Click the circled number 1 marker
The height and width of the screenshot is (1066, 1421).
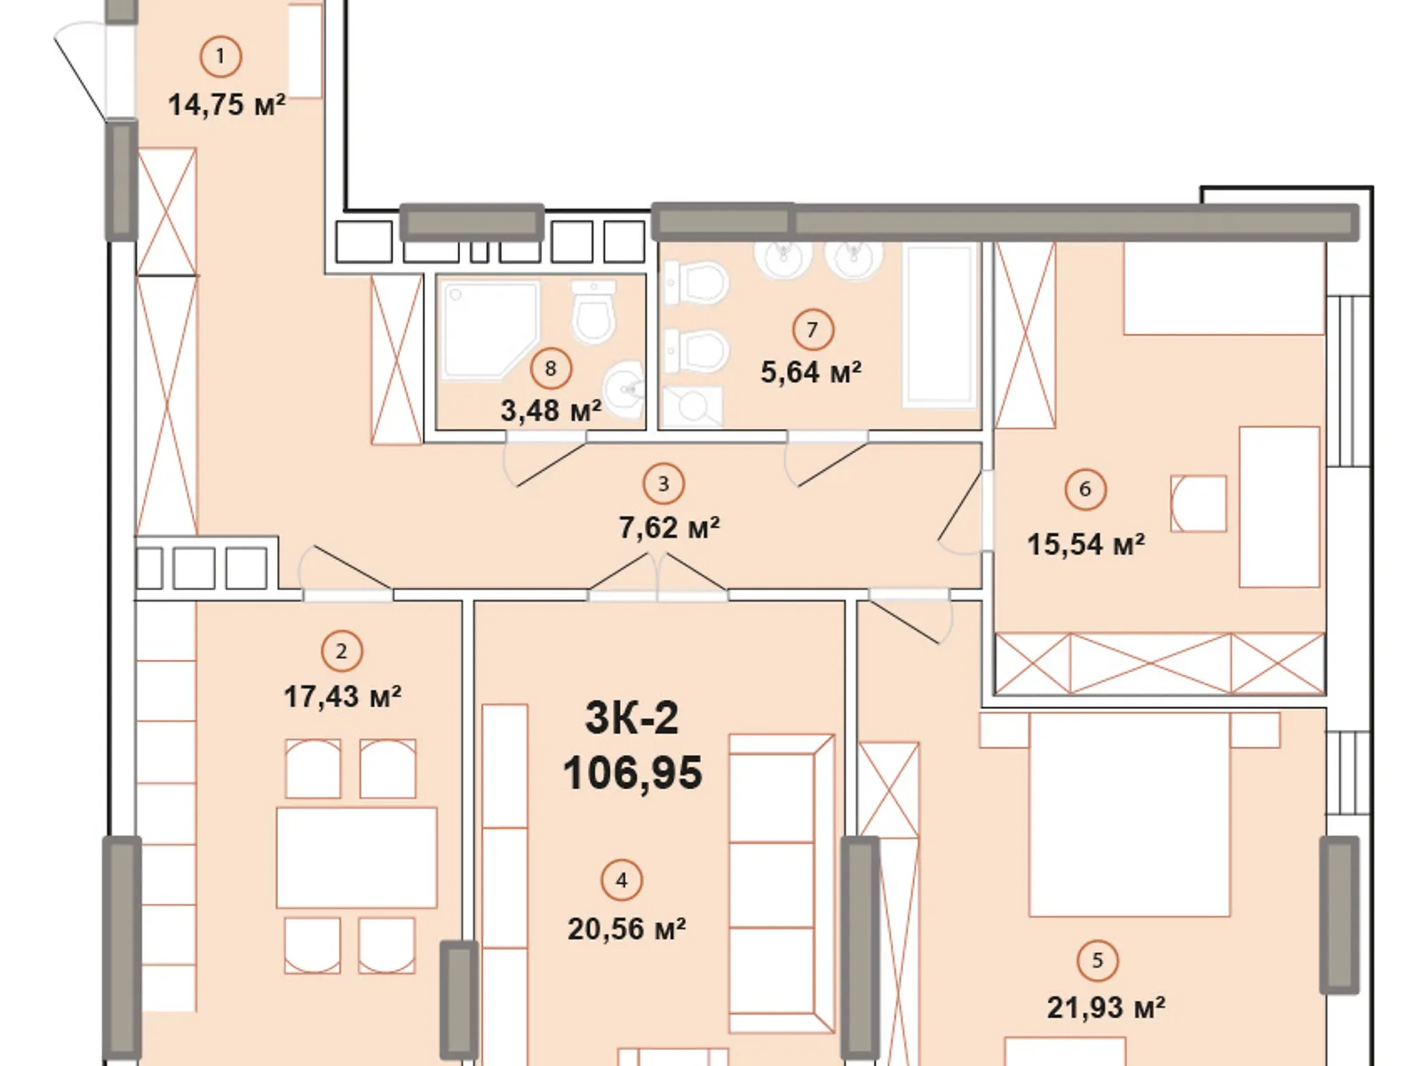(x=220, y=57)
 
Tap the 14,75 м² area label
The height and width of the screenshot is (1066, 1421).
(x=226, y=105)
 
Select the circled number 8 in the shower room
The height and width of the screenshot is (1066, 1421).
(x=551, y=368)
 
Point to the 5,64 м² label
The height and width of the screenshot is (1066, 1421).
(x=811, y=371)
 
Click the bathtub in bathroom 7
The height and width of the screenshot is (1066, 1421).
(x=939, y=326)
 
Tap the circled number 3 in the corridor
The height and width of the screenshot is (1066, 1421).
(x=663, y=484)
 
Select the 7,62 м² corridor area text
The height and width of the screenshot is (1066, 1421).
(x=669, y=528)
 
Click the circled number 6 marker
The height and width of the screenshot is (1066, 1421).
(x=1084, y=489)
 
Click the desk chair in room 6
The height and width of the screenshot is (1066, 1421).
(x=1198, y=504)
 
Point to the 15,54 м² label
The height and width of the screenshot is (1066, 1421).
(x=1085, y=544)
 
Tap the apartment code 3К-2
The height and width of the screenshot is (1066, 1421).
(x=631, y=717)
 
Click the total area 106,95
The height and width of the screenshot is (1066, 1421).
(x=632, y=773)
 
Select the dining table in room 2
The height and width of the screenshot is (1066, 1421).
(x=356, y=856)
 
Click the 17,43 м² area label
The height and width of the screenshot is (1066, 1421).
(x=342, y=696)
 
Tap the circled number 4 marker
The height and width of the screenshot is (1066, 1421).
(x=621, y=880)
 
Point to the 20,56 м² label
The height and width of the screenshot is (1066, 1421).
(x=626, y=929)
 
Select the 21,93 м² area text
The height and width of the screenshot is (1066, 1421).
(x=1106, y=1007)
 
